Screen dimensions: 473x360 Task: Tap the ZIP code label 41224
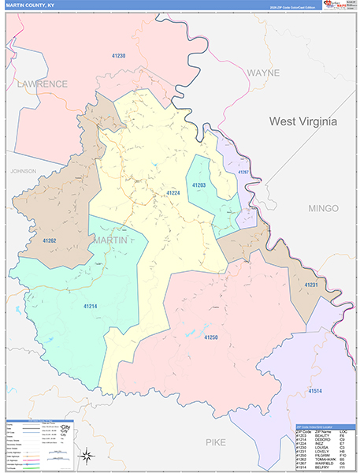coord(173,192)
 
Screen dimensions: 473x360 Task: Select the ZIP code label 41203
coord(199,185)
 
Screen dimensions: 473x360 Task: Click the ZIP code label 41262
coord(49,240)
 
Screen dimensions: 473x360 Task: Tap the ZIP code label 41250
coord(211,337)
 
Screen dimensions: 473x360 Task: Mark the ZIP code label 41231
coord(311,285)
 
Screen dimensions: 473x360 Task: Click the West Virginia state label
coord(302,121)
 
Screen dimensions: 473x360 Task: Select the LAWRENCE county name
coord(43,84)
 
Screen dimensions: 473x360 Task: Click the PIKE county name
coord(216,442)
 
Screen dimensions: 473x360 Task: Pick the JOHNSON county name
coord(24,170)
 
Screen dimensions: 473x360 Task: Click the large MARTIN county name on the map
coord(109,239)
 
